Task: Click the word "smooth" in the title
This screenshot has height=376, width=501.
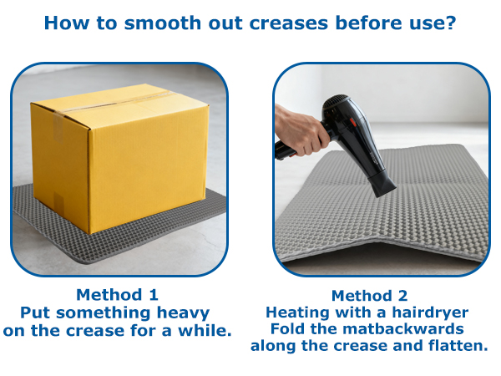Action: [163, 23]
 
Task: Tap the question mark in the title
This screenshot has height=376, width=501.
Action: [451, 23]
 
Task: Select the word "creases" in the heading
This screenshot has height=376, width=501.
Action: [289, 23]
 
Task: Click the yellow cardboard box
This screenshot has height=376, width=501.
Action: [119, 157]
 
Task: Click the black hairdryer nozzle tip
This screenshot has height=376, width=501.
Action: [385, 189]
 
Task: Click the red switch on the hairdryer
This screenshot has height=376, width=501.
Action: [352, 122]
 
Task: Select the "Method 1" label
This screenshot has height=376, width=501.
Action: [117, 295]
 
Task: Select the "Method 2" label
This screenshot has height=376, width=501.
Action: [370, 296]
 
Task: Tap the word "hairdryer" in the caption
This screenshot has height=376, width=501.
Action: [430, 312]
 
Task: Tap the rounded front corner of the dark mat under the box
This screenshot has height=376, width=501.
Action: [83, 261]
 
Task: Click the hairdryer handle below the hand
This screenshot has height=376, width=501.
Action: [286, 151]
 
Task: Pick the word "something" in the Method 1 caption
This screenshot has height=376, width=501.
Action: [104, 313]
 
